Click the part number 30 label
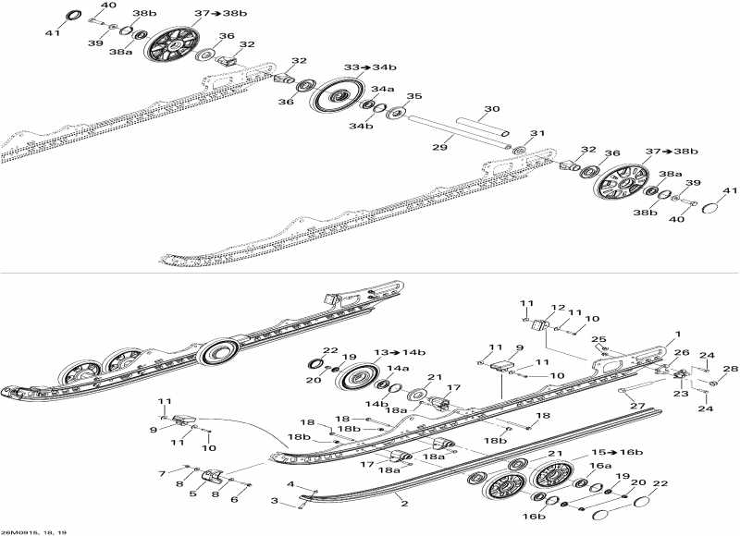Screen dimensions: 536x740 click(491, 109)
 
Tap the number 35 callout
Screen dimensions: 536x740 click(414, 96)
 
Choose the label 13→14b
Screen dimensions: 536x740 click(399, 354)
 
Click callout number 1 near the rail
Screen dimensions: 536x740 click(677, 334)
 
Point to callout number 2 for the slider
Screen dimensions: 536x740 click(403, 505)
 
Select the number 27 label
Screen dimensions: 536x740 click(636, 406)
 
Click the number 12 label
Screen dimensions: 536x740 click(558, 308)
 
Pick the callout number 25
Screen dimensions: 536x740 click(599, 340)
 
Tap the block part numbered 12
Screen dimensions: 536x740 click(537, 325)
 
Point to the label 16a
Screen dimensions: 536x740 click(601, 467)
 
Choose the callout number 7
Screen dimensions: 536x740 click(162, 473)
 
